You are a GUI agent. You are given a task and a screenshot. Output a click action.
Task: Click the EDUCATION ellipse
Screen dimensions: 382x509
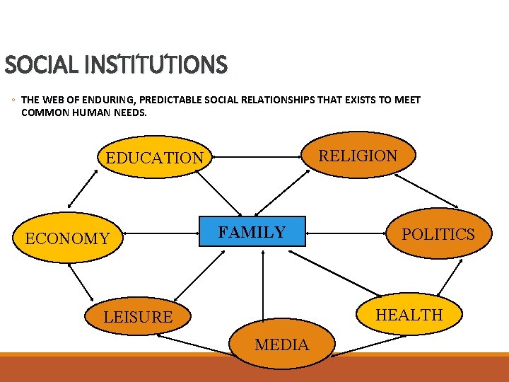click(x=154, y=157)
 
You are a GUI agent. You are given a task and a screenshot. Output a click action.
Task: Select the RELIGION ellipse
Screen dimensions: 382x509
click(x=358, y=156)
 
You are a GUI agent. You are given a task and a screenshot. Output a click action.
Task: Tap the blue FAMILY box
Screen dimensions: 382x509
click(x=252, y=231)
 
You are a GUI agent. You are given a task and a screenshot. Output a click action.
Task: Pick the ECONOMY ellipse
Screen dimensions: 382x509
click(x=67, y=238)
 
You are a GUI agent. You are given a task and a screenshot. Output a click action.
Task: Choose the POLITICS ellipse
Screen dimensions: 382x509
click(x=438, y=234)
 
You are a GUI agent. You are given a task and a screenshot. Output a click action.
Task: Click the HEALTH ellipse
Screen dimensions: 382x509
click(x=409, y=315)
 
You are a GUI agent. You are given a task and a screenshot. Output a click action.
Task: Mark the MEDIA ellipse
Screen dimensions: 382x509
click(x=281, y=345)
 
